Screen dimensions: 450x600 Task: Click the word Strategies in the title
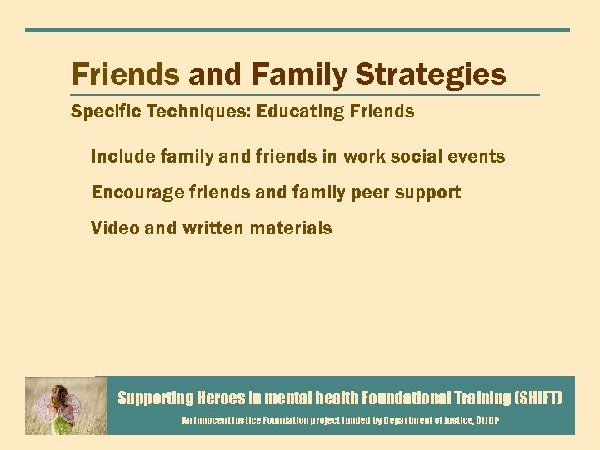pos(431,75)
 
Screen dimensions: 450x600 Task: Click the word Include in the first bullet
pos(119,157)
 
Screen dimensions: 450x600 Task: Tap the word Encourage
pos(136,192)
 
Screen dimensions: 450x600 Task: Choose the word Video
pos(114,227)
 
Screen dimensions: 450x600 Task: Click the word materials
pos(294,227)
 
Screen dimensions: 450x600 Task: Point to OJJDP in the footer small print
pos(487,422)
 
